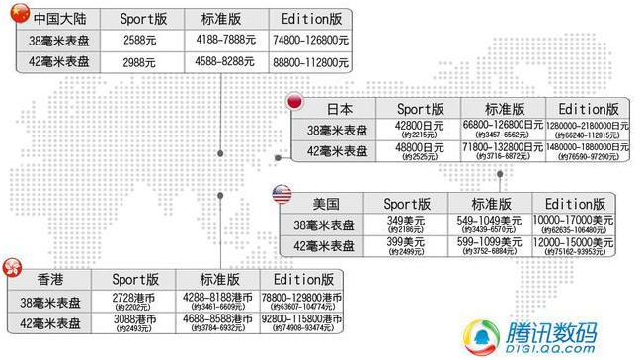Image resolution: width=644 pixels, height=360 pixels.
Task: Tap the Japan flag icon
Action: (294, 101)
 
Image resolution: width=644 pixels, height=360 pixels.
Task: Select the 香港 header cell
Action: (49, 279)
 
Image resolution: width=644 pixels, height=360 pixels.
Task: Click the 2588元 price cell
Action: (143, 42)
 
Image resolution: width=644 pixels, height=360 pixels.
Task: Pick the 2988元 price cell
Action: (143, 62)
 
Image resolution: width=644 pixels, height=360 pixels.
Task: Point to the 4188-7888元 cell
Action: (226, 42)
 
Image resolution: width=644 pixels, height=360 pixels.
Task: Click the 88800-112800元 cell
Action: (309, 62)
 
